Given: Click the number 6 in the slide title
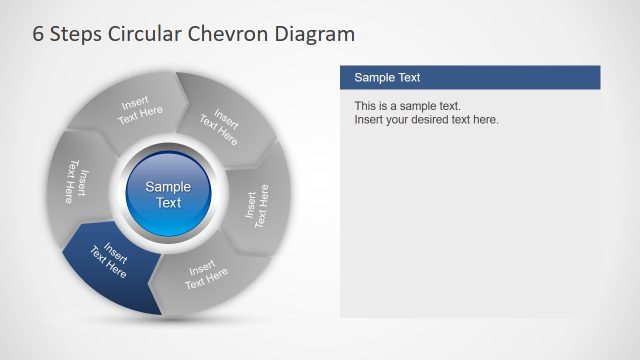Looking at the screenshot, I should tap(39, 34).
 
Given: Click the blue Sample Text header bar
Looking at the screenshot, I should tap(470, 77).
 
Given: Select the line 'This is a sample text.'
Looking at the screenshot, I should tap(407, 106).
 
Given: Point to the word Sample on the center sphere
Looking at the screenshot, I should tap(168, 186).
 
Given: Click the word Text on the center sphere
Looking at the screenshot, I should tap(168, 202).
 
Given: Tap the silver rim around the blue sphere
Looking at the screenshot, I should tap(168, 148).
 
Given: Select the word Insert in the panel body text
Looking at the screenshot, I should tap(370, 120).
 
